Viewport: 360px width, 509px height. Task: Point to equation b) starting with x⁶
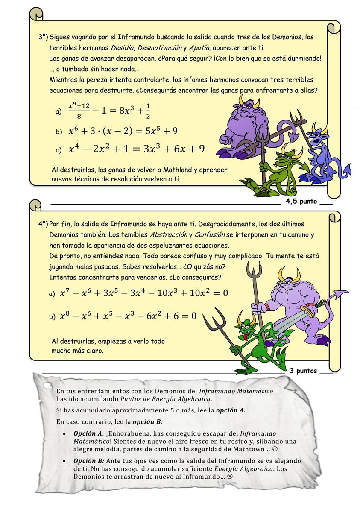click(x=123, y=130)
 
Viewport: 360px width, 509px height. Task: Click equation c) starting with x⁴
click(x=136, y=149)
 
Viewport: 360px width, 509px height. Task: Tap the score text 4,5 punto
click(x=301, y=201)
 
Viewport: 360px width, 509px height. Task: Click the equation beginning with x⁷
click(x=144, y=293)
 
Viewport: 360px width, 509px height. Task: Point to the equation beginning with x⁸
click(x=128, y=316)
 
